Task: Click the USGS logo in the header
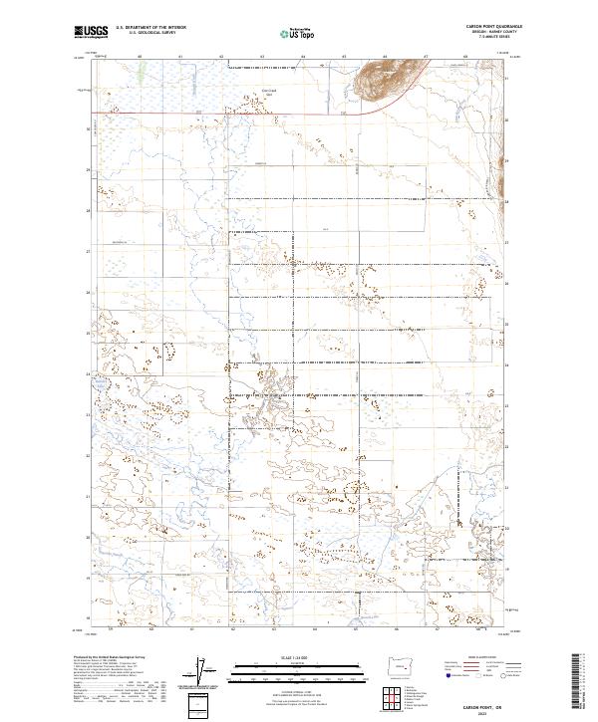[x=91, y=32]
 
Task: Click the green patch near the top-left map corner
[x=141, y=73]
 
